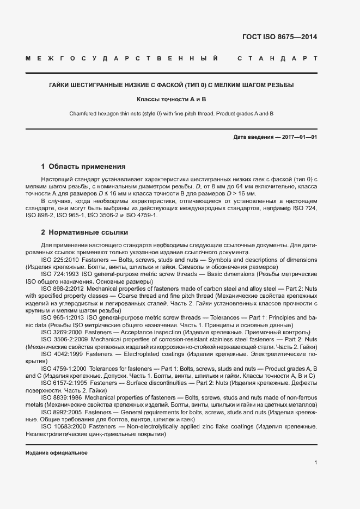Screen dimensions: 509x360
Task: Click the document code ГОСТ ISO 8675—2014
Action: click(279, 38)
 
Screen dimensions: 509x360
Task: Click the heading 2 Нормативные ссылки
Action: click(84, 232)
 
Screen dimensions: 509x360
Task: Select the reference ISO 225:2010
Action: click(60, 260)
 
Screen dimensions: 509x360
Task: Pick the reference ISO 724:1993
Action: click(60, 274)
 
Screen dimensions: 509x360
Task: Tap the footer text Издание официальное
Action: click(57, 453)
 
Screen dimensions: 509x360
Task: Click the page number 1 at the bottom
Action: click(315, 463)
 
